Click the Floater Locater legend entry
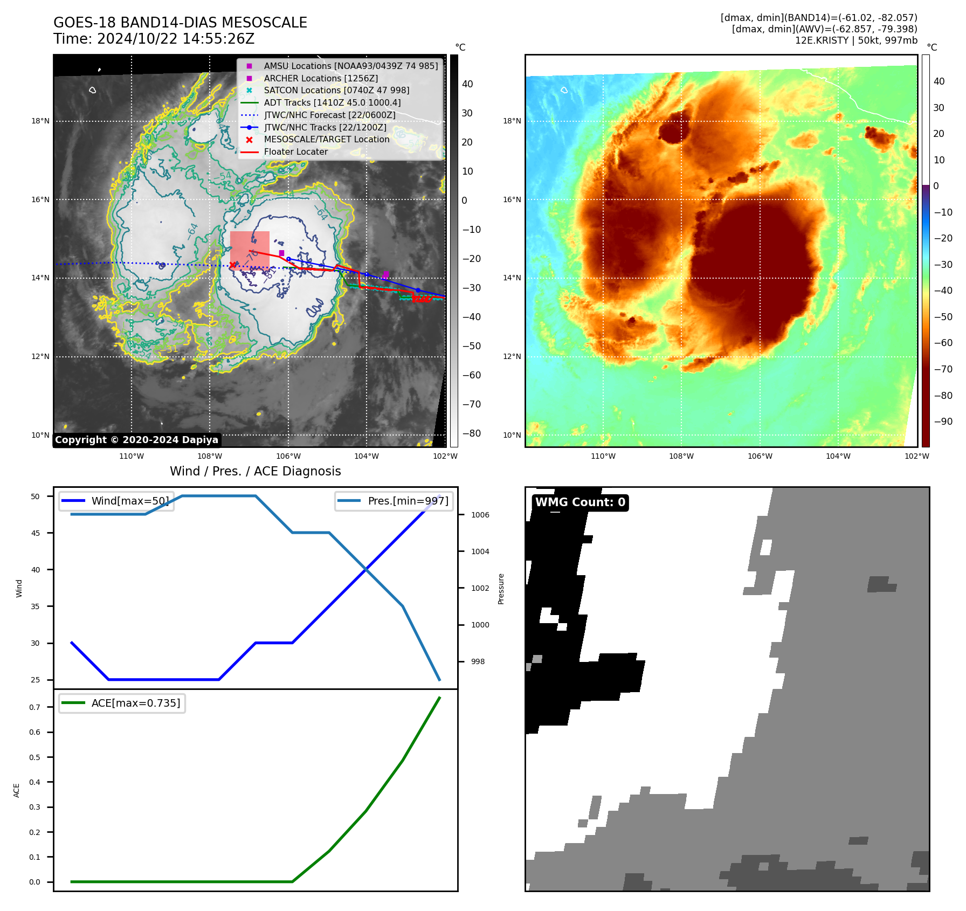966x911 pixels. tap(295, 152)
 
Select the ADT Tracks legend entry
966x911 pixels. tap(332, 102)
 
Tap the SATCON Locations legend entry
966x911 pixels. tap(336, 90)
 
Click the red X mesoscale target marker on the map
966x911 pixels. tap(232, 265)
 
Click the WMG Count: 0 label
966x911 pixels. tap(580, 502)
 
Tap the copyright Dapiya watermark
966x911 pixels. tap(136, 440)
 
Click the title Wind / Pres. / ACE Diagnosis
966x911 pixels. tap(256, 471)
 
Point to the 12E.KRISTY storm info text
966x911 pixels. tap(856, 40)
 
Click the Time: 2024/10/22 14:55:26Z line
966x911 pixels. tap(154, 39)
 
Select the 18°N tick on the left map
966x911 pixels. tap(40, 121)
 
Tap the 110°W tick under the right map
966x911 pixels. tap(603, 456)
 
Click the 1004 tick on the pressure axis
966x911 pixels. tap(480, 551)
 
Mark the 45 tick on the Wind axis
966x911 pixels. tap(36, 533)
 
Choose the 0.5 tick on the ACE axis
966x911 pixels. tap(35, 757)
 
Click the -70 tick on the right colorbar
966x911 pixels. tap(943, 369)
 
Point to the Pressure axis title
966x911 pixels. tap(501, 589)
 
